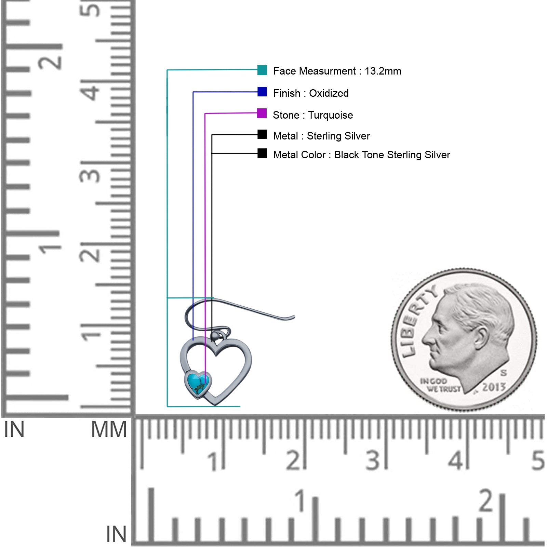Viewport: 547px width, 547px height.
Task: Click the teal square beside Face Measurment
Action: [262, 70]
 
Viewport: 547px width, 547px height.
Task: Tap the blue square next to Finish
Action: [262, 92]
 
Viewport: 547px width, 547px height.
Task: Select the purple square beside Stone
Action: [262, 113]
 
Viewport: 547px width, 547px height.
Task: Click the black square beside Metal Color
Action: [262, 153]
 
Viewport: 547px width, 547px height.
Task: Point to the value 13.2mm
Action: [383, 71]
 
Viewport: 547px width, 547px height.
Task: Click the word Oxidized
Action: [329, 93]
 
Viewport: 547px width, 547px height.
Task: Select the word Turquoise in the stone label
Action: [331, 115]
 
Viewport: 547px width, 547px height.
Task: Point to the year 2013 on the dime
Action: [494, 387]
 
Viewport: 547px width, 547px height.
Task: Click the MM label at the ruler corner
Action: [109, 429]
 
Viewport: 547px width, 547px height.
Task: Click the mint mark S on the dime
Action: [504, 372]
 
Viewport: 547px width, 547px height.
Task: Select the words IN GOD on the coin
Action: [433, 381]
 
